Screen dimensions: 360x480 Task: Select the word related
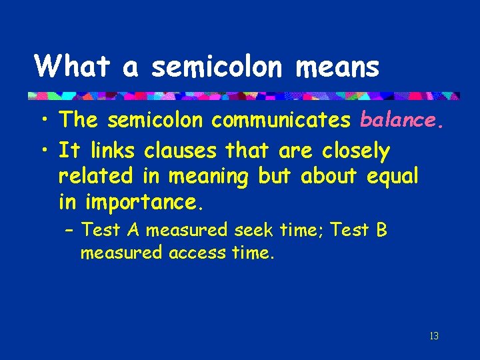(97, 177)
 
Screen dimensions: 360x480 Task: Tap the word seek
(253, 230)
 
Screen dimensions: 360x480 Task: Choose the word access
(195, 253)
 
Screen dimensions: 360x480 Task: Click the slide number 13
(434, 336)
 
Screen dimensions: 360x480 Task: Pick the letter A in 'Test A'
(133, 230)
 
